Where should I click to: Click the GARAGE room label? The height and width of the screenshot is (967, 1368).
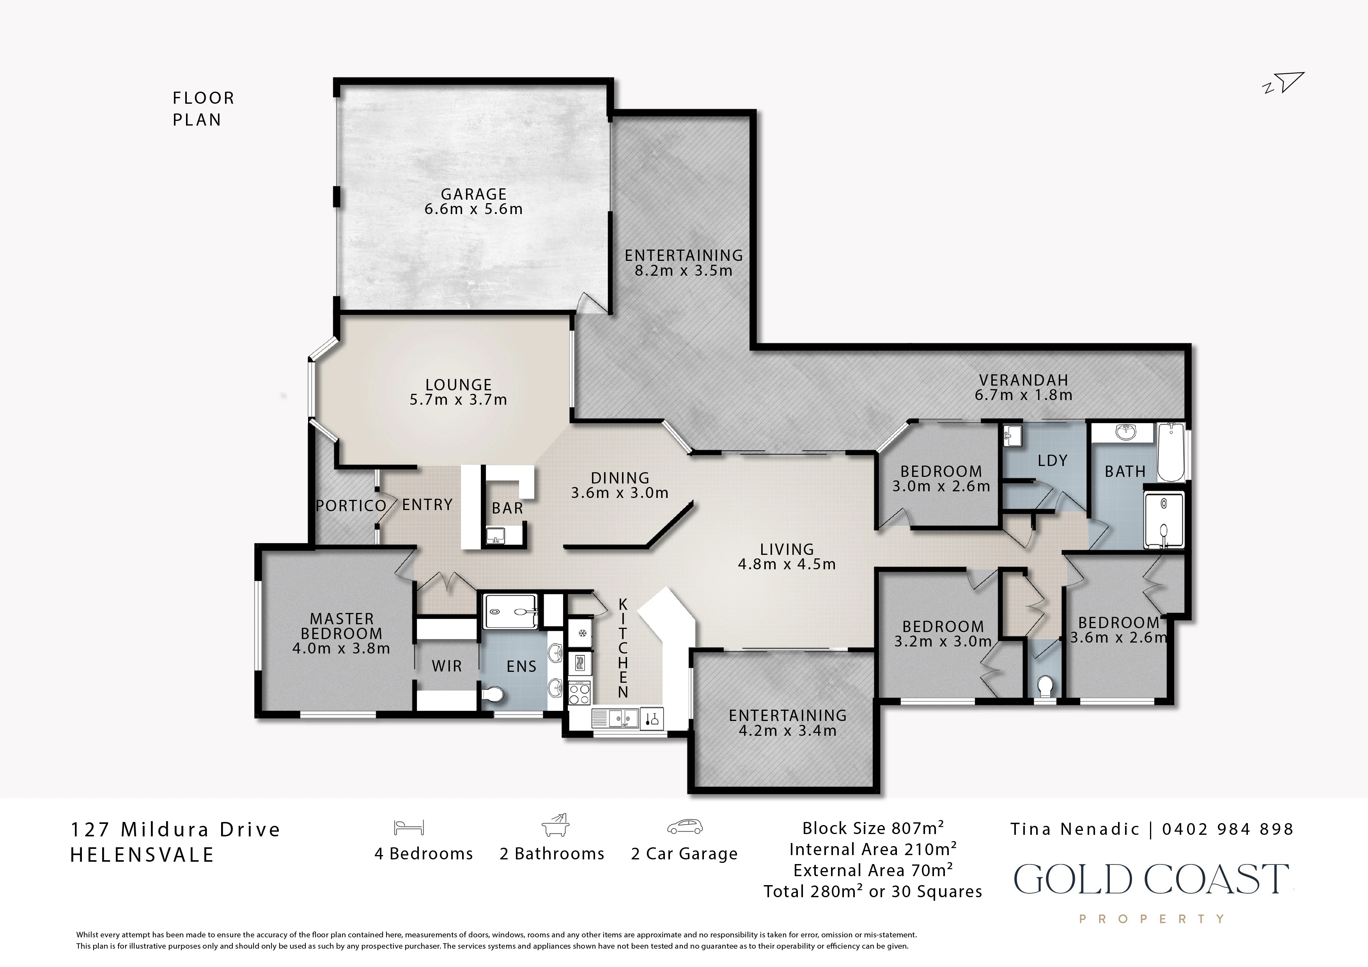[474, 194]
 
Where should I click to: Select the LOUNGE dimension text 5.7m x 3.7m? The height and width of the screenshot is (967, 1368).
[458, 400]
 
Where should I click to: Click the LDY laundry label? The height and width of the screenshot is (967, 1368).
[1052, 460]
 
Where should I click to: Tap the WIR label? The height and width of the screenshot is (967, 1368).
[447, 666]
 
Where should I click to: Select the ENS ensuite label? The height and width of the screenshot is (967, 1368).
[521, 667]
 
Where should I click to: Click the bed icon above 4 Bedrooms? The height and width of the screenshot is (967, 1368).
[409, 827]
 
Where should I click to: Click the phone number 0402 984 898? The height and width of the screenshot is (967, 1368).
[1228, 829]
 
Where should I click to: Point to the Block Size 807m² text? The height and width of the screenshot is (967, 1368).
[873, 828]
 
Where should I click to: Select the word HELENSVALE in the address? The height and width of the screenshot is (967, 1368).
[142, 855]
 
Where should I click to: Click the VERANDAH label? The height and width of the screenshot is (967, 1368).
[1024, 380]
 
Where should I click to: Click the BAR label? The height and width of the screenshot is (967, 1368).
[508, 508]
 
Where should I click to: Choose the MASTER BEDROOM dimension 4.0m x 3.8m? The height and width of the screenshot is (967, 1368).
[341, 648]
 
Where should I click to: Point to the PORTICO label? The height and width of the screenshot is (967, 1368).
[351, 506]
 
